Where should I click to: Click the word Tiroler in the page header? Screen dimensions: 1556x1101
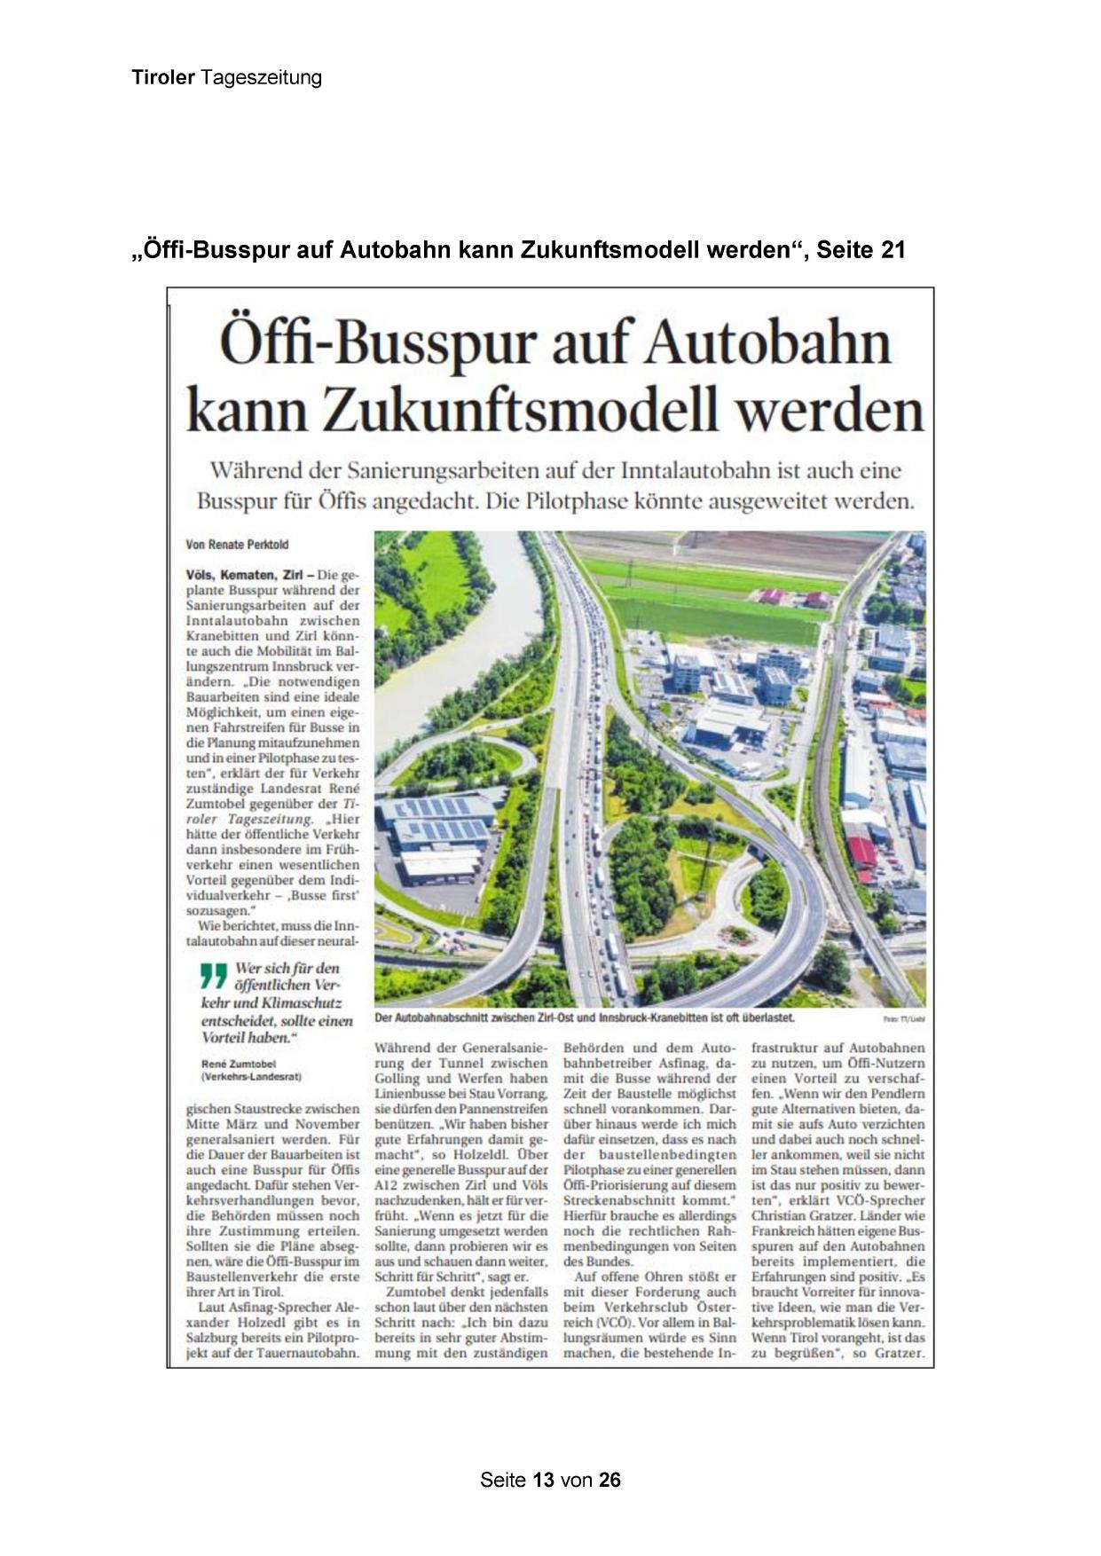pyautogui.click(x=163, y=77)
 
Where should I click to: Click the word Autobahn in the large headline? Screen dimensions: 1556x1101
pyautogui.click(x=767, y=344)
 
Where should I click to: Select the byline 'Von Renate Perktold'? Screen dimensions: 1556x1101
pyautogui.click(x=237, y=545)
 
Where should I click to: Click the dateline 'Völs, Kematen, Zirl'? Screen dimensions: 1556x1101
pyautogui.click(x=244, y=575)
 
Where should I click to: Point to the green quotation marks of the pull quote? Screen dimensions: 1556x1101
pyautogui.click(x=214, y=975)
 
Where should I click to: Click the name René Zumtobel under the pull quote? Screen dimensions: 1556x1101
pyautogui.click(x=239, y=1064)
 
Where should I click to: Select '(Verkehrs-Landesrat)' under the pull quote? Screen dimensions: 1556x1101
pyautogui.click(x=251, y=1077)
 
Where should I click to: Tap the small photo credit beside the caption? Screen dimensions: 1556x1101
pyautogui.click(x=904, y=1020)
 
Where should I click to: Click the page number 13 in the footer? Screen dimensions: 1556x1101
pyautogui.click(x=544, y=1480)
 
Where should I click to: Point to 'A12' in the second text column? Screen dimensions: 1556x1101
pyautogui.click(x=387, y=1185)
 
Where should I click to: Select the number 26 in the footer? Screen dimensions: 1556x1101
pyautogui.click(x=609, y=1480)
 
